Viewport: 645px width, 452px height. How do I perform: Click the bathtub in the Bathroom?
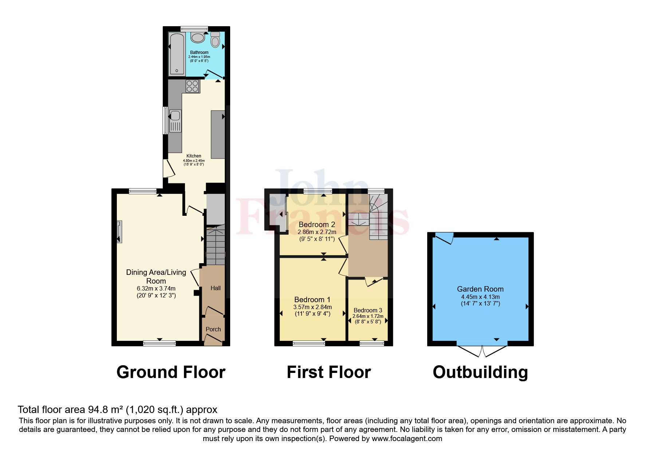pyautogui.click(x=177, y=54)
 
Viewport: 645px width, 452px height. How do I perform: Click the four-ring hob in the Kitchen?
pyautogui.click(x=193, y=86)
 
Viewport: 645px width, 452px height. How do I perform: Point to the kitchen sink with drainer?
pyautogui.click(x=175, y=121)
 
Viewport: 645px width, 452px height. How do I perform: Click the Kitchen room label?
pyautogui.click(x=194, y=156)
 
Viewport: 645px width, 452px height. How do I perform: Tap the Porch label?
pyautogui.click(x=213, y=329)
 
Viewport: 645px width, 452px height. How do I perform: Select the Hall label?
pyautogui.click(x=216, y=288)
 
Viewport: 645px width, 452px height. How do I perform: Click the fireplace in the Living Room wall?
pyautogui.click(x=119, y=232)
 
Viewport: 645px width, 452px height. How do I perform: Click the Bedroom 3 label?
pyautogui.click(x=368, y=310)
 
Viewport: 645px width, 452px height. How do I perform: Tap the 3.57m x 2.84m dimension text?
pyautogui.click(x=312, y=307)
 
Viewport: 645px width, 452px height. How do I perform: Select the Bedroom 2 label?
pyautogui.click(x=316, y=225)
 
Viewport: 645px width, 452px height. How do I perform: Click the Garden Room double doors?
pyautogui.click(x=482, y=351)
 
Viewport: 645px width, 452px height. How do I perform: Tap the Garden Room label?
pyautogui.click(x=480, y=289)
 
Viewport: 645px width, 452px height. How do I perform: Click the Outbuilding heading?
pyautogui.click(x=480, y=372)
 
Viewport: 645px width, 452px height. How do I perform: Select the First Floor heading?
pyautogui.click(x=329, y=372)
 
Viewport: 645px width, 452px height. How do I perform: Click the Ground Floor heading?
pyautogui.click(x=171, y=372)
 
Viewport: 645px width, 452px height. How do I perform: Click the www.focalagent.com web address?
pyautogui.click(x=407, y=439)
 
